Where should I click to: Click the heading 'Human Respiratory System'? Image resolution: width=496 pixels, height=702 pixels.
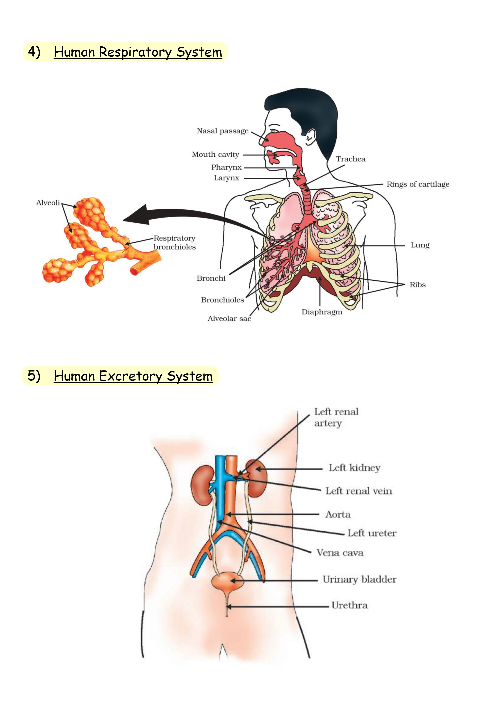(x=138, y=52)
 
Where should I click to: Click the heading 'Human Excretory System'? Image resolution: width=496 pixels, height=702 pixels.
(x=133, y=376)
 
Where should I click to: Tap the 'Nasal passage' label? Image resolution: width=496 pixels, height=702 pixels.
(x=223, y=131)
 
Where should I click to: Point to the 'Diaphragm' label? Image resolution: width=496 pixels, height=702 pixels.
(x=322, y=312)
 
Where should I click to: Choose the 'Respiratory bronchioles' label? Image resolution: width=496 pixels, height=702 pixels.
(x=175, y=242)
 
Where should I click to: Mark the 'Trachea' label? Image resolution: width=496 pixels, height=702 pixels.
(x=350, y=159)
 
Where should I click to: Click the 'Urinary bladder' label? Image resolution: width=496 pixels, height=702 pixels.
(x=359, y=579)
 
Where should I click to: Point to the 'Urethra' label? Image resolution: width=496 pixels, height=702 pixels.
(x=350, y=605)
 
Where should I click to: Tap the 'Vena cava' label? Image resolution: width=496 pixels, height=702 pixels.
(x=340, y=553)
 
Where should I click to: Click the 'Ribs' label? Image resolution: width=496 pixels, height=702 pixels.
(x=417, y=285)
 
